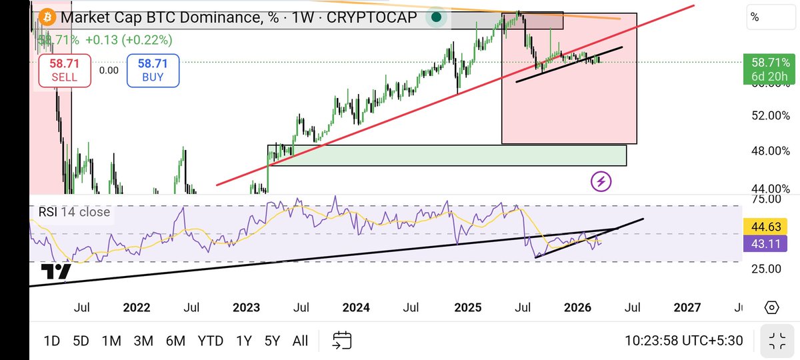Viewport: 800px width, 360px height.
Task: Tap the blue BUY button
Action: pos(153,70)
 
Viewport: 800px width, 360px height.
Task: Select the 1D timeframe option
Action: pos(51,341)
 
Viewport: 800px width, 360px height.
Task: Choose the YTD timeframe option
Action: pos(211,341)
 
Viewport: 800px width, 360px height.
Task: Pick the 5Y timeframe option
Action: pos(272,341)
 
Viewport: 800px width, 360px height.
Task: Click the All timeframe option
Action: pos(300,341)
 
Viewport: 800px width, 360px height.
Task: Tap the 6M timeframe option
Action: pos(175,341)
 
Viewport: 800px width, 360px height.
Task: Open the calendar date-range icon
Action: pos(342,341)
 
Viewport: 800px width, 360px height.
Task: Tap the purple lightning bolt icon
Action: pos(601,180)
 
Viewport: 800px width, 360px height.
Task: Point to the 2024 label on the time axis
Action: pos(356,307)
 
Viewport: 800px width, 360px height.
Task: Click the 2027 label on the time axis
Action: pos(687,307)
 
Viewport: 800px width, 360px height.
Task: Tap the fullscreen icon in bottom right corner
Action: pos(776,341)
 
